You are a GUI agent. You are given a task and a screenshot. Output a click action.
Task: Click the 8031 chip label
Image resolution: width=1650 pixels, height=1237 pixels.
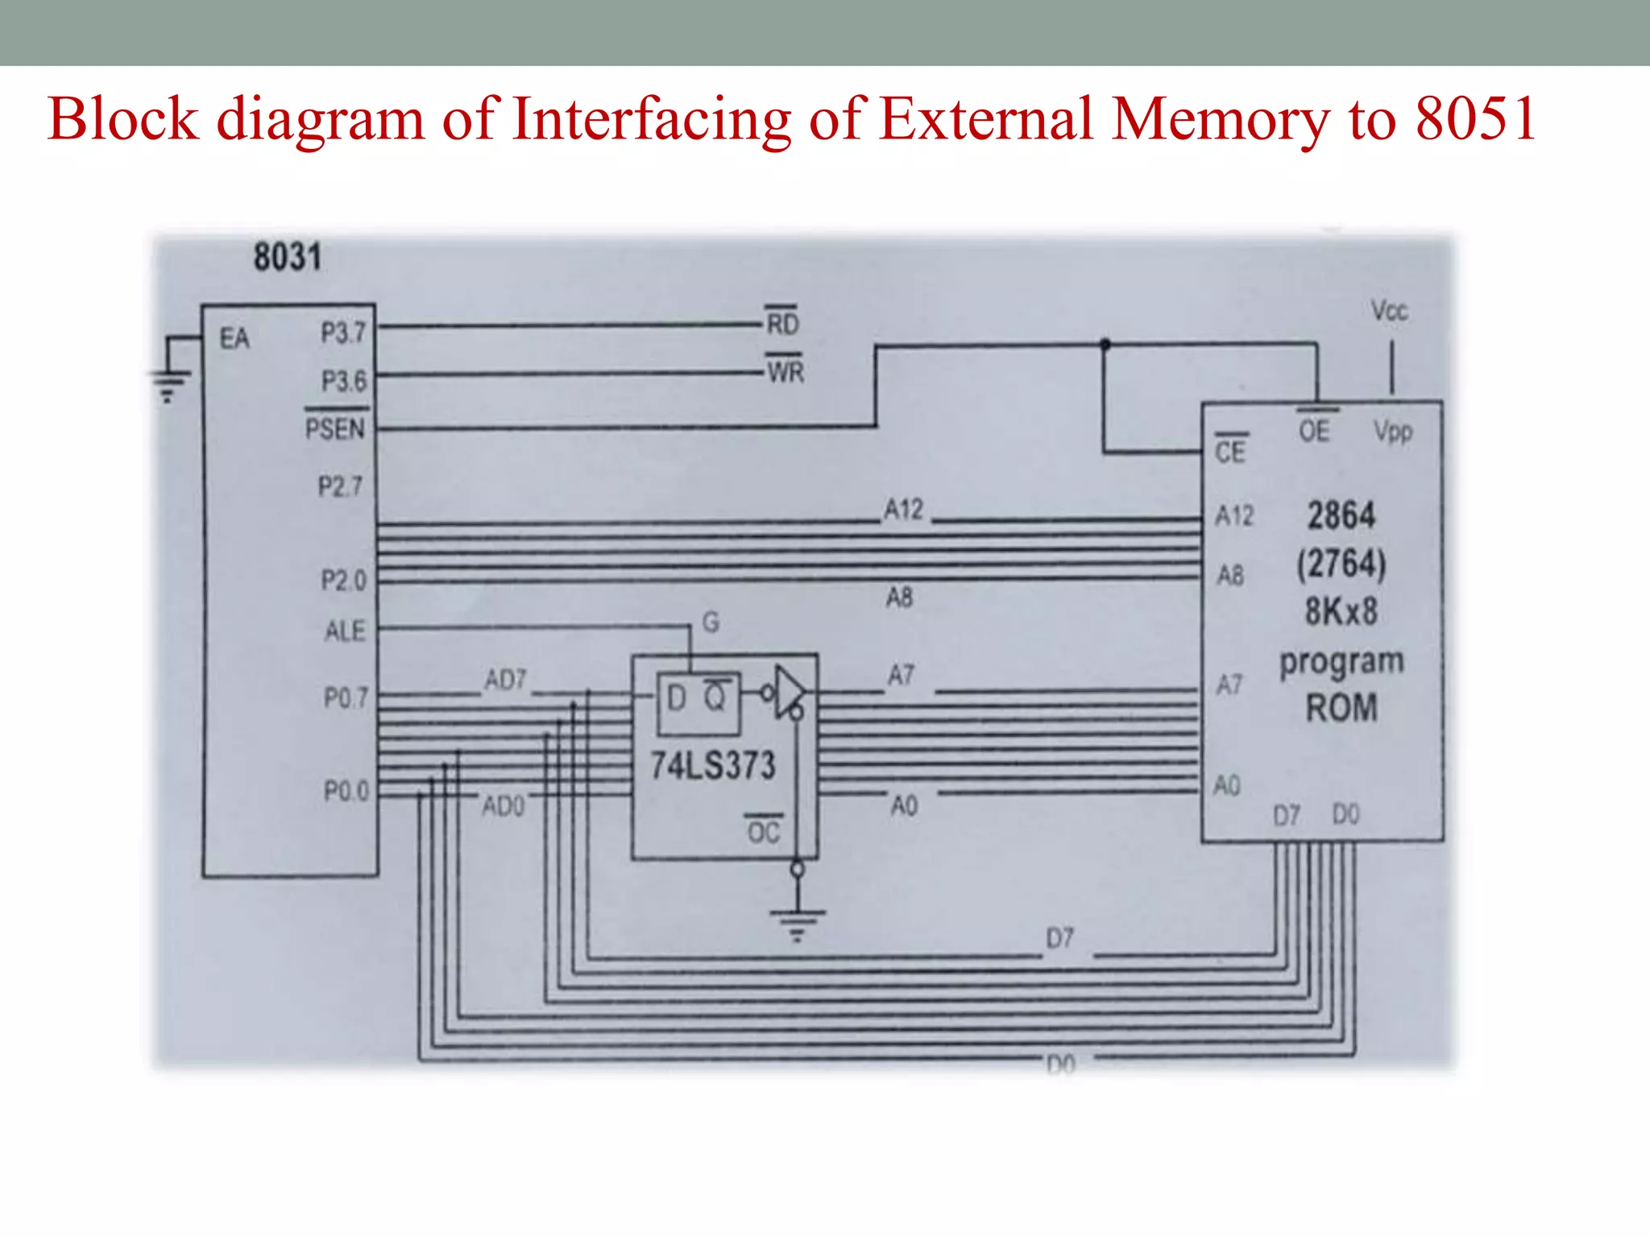[x=288, y=258]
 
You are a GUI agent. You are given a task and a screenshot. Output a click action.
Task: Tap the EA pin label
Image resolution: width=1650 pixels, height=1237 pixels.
[x=234, y=339]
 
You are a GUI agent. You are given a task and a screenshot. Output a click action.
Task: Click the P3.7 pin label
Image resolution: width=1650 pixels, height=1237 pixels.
[x=343, y=333]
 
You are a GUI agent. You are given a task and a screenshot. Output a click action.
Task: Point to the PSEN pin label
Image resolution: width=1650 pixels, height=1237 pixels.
[x=335, y=428]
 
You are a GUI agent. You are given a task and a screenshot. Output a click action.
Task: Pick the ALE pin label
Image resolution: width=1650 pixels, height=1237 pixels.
[x=345, y=631]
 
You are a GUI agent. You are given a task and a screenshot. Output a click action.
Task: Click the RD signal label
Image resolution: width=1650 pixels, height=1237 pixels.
[x=782, y=324]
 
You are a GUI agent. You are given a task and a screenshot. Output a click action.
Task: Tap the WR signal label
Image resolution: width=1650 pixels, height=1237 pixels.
[x=786, y=372]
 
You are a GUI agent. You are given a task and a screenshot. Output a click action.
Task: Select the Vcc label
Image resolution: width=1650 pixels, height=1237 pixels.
[x=1390, y=311]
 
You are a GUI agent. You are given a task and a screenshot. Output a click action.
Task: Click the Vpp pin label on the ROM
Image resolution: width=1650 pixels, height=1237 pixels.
[x=1393, y=432]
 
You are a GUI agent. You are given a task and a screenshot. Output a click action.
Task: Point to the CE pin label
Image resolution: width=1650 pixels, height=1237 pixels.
[x=1230, y=452]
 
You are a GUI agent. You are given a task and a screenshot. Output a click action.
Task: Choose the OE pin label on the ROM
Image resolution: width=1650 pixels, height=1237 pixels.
[x=1314, y=431]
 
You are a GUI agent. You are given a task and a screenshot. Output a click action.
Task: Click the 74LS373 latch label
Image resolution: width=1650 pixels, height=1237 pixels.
[x=713, y=765]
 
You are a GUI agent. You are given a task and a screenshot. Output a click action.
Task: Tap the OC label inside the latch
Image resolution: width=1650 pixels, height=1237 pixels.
[x=764, y=831]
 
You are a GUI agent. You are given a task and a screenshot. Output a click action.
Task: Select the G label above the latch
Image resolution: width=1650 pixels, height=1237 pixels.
[x=711, y=622]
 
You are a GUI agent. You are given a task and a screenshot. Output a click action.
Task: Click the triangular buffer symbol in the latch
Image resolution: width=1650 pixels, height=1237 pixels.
[x=789, y=691]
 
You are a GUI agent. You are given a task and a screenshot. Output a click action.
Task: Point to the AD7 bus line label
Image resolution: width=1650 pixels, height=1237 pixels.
[x=505, y=681]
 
